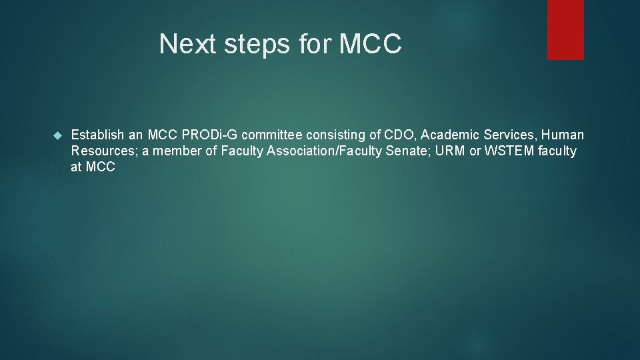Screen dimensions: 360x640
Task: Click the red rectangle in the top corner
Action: click(565, 29)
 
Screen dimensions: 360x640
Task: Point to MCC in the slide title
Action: click(370, 44)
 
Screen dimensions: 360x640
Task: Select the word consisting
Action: click(336, 135)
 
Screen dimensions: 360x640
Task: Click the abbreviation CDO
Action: click(398, 135)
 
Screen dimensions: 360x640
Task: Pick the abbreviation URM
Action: click(451, 151)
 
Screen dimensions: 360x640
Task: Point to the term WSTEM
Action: click(509, 151)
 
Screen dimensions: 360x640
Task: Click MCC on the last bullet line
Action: click(101, 167)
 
